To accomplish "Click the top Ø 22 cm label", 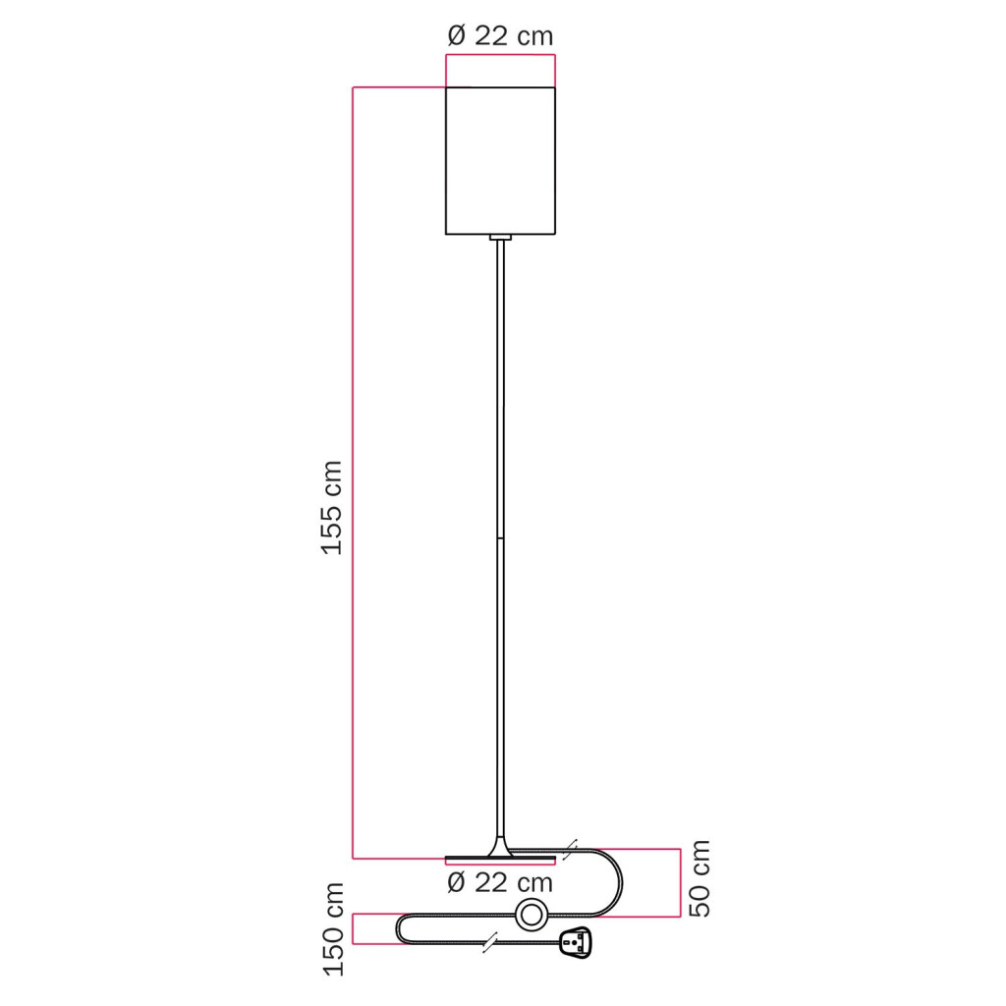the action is pos(500,36).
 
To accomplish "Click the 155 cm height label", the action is pos(332,508).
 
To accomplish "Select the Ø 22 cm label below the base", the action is pos(500,883).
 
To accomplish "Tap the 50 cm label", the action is pos(699,878).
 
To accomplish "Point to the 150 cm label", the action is pos(334,929).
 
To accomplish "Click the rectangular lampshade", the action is pos(500,160).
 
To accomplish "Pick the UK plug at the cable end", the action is pos(575,943).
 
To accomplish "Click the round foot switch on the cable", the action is pos(531,915).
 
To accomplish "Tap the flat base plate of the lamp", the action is pos(500,858).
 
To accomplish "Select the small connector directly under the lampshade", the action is pos(500,238).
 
